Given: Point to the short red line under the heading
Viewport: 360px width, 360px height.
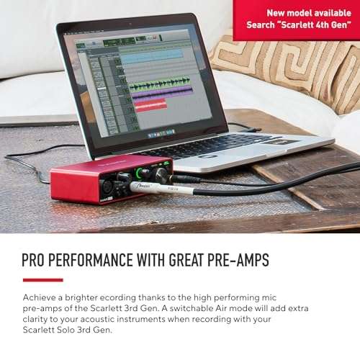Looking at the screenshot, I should pos(42,280).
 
